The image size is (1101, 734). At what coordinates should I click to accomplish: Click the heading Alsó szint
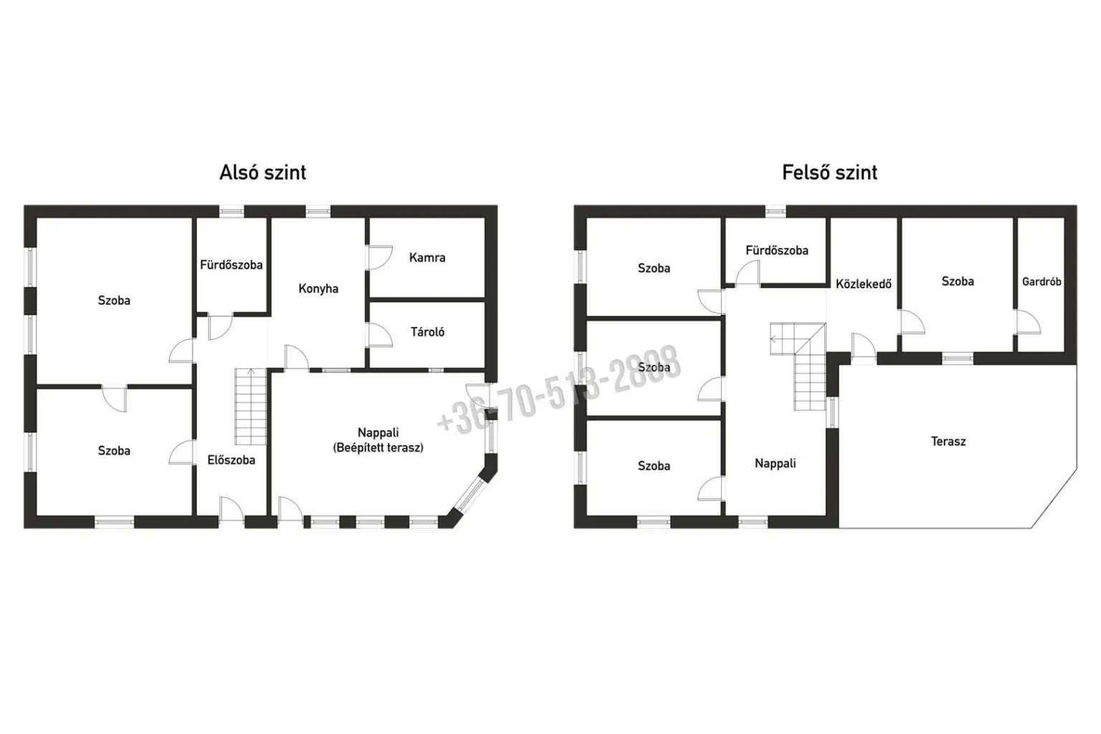coord(262,173)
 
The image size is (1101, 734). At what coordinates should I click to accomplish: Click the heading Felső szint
coord(829,173)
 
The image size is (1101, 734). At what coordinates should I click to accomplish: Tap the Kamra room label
coord(427,257)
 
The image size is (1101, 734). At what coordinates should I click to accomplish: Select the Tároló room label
coord(427,332)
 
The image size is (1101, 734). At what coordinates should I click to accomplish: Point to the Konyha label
coord(318,289)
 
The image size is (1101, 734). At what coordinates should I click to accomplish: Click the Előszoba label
coord(231,460)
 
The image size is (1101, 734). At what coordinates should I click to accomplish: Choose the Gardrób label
coord(1042,282)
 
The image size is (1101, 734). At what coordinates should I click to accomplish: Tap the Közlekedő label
coord(864,284)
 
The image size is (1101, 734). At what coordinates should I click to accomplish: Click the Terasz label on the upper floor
coord(948,442)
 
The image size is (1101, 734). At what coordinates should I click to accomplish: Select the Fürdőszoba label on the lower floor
coord(231,265)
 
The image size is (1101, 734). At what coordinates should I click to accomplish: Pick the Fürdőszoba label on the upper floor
coord(776,251)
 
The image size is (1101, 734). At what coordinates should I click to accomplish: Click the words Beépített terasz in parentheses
coord(378,448)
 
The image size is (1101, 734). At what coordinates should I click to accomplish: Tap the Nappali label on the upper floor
coord(775,463)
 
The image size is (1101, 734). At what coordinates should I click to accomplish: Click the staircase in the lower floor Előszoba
coord(251,406)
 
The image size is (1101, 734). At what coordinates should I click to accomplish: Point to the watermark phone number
coord(559,391)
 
